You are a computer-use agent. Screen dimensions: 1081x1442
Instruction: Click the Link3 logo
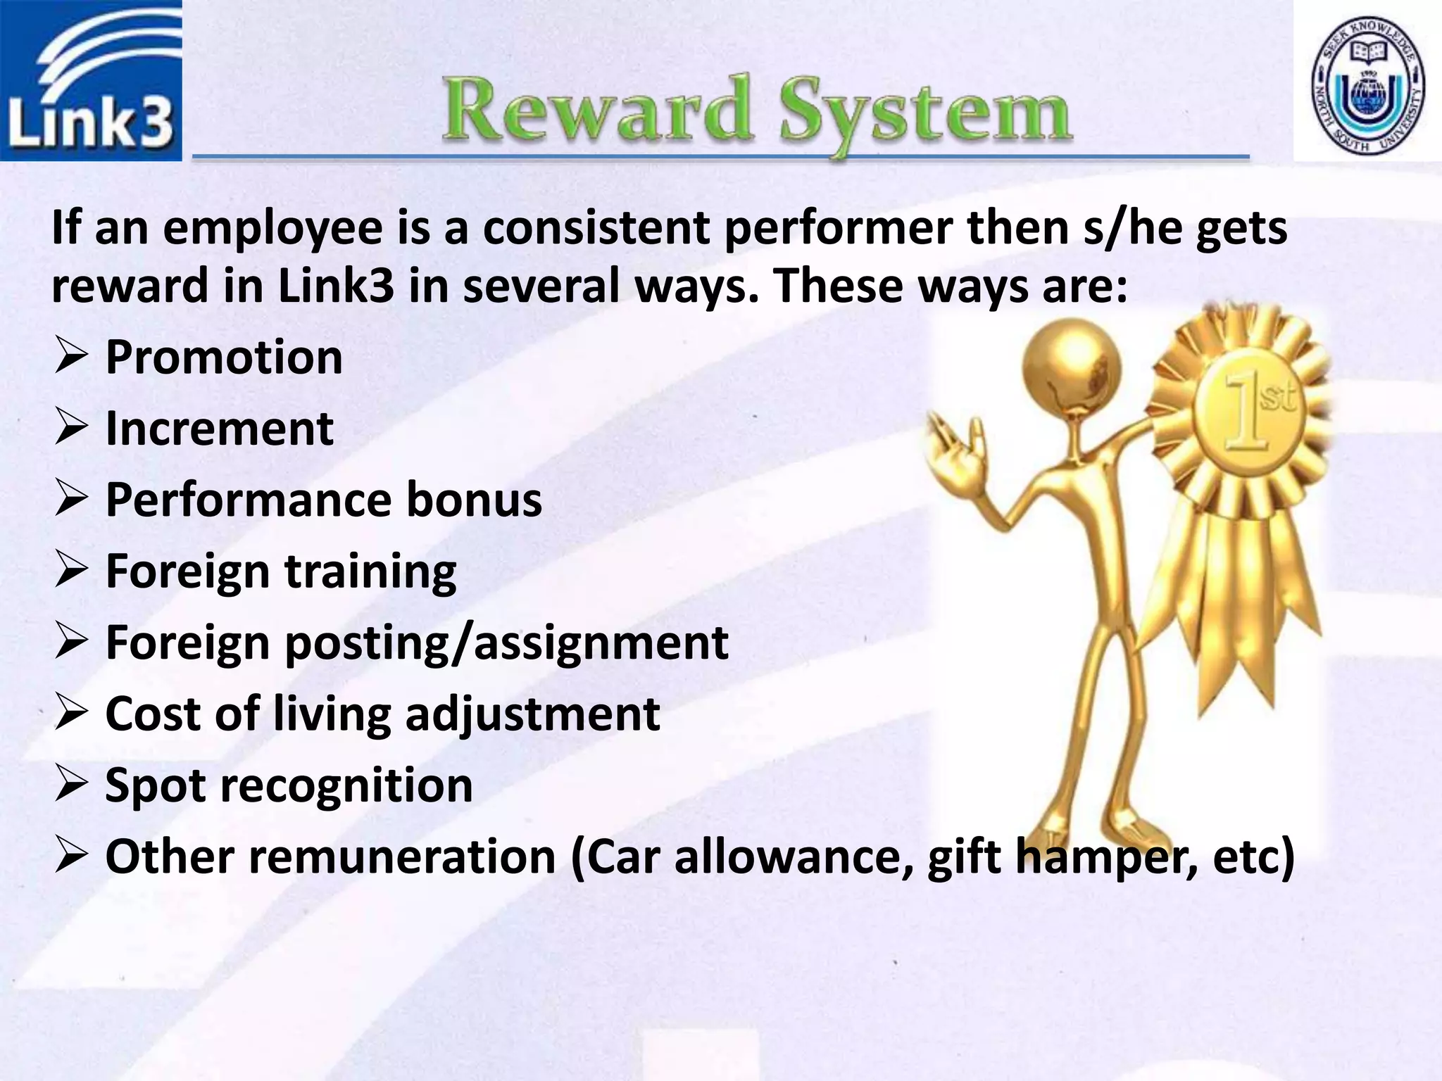(x=91, y=80)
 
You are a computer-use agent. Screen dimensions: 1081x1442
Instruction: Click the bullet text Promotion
(x=224, y=357)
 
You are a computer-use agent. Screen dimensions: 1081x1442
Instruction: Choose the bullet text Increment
(x=219, y=429)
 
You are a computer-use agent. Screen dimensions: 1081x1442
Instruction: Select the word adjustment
(x=532, y=714)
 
